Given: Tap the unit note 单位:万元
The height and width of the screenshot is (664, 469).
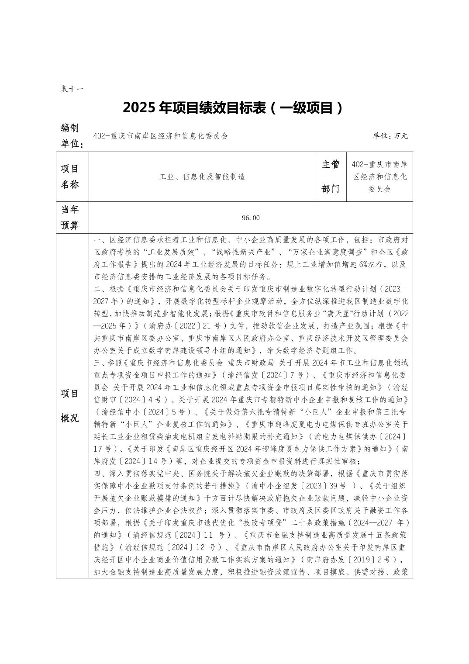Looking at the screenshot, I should (x=390, y=136).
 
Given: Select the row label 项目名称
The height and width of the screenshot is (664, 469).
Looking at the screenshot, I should (x=69, y=176).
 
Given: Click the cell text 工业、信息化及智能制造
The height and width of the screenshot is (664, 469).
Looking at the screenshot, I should (x=202, y=176).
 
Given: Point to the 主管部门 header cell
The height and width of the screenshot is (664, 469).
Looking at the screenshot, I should (x=330, y=176).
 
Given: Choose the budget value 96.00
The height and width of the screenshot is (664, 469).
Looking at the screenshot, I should (x=250, y=218).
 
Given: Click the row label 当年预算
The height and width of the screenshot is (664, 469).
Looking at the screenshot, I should (x=69, y=217).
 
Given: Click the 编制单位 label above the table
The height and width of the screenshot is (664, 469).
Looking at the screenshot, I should (x=70, y=135).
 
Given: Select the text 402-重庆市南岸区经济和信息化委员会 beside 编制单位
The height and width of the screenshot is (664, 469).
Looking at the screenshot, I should (x=160, y=136).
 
